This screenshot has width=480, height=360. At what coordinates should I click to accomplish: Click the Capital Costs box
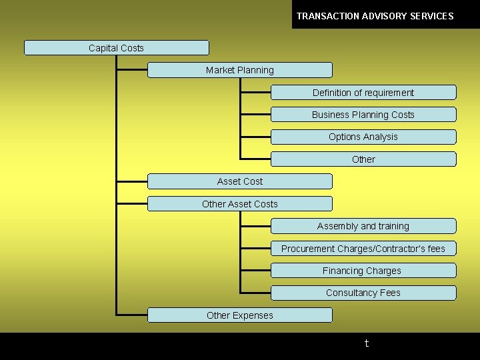[x=116, y=48]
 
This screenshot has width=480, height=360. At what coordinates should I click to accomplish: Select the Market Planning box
[x=239, y=70]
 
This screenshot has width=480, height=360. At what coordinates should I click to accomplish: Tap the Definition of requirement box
[x=363, y=93]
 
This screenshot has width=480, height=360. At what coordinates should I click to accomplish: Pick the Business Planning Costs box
[x=363, y=115]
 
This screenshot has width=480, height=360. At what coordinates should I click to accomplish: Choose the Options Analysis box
[x=363, y=137]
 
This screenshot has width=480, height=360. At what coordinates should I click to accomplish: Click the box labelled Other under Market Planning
[x=363, y=159]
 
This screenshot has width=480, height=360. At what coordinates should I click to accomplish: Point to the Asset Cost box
[x=239, y=181]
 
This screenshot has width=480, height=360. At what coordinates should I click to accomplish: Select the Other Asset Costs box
[x=239, y=204]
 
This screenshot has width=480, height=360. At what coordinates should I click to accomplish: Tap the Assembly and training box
[x=363, y=226]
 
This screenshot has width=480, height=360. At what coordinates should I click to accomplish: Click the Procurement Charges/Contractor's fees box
[x=363, y=249]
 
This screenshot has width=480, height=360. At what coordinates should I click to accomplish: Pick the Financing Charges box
[x=363, y=271]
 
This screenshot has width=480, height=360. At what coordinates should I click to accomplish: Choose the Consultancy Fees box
[x=363, y=293]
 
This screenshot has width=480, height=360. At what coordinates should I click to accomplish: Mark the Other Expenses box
[x=239, y=315]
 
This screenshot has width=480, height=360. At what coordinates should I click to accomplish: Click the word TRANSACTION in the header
[x=327, y=16]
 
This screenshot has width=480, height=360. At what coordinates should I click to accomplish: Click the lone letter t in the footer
[x=366, y=344]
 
